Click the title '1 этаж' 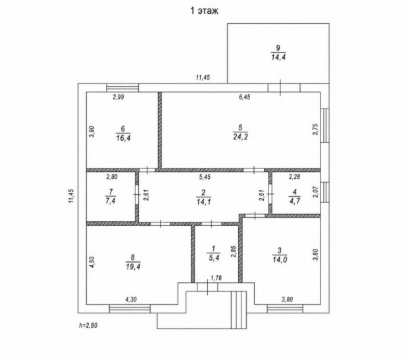[x=204, y=11]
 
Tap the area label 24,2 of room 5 [x=240, y=137]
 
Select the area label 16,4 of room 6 [x=123, y=138]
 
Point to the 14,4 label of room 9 [x=278, y=57]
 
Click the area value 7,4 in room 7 [x=111, y=201]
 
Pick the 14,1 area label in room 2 [x=203, y=201]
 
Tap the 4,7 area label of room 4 [x=295, y=201]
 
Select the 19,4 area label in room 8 [x=133, y=267]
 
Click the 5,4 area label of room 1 [x=213, y=258]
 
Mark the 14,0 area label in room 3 [x=280, y=259]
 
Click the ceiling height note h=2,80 [x=88, y=325]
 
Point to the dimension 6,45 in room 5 [x=244, y=97]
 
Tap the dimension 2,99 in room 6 [x=118, y=97]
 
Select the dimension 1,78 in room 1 [x=216, y=278]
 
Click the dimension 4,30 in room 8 [x=131, y=299]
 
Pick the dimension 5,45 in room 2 [x=205, y=177]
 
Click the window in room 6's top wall [x=122, y=88]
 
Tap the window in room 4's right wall [x=324, y=192]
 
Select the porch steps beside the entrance [x=239, y=310]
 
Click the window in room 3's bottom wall [x=285, y=309]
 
